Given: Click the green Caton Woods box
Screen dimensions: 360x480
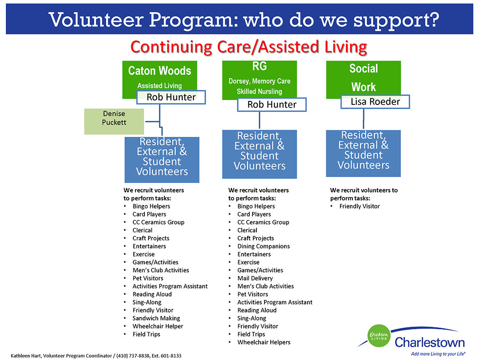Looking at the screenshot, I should (x=159, y=76).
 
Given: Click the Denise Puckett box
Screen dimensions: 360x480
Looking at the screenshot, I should (x=114, y=121).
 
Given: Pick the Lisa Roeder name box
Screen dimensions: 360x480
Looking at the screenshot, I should (x=375, y=101).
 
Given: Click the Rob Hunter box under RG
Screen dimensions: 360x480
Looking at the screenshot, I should (x=272, y=104).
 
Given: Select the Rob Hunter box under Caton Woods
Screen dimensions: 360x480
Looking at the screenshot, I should (x=171, y=97).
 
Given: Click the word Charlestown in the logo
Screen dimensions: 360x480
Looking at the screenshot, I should (x=429, y=343).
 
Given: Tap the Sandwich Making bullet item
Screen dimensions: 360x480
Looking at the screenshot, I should (x=156, y=318).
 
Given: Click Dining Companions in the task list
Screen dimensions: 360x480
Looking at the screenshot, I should (x=263, y=246).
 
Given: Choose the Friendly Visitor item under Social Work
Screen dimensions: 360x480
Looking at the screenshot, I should (x=359, y=206).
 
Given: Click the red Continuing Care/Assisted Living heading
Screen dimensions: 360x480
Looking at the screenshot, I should (x=248, y=47).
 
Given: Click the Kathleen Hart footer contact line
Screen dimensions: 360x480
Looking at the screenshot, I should (x=96, y=356).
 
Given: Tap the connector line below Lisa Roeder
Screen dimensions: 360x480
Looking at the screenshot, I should (x=364, y=119).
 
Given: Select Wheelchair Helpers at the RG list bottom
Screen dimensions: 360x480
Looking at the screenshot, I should (x=264, y=342).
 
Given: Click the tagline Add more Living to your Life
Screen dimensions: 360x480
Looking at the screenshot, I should (x=438, y=354).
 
